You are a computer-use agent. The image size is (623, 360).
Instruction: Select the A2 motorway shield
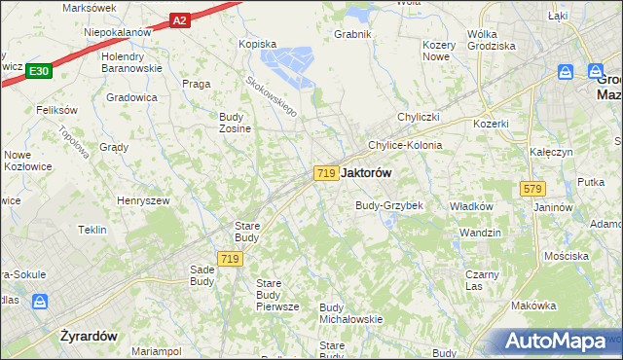click(x=178, y=19)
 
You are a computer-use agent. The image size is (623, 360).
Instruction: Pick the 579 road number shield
click(x=531, y=188)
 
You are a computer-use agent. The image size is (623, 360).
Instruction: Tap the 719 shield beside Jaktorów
click(x=326, y=172)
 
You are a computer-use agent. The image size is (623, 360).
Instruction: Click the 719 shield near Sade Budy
click(x=230, y=258)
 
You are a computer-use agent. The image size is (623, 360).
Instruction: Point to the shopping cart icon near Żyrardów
click(x=39, y=302)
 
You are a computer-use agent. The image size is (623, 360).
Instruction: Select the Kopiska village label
click(x=258, y=44)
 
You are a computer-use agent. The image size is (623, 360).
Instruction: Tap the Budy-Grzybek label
click(x=388, y=206)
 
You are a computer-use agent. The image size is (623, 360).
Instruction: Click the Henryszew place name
click(x=143, y=199)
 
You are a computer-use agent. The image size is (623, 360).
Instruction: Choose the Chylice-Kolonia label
click(x=404, y=145)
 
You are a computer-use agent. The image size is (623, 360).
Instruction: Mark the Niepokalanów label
click(x=118, y=31)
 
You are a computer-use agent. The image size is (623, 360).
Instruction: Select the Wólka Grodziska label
click(x=491, y=40)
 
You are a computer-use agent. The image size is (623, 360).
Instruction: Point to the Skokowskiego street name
click(x=271, y=98)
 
